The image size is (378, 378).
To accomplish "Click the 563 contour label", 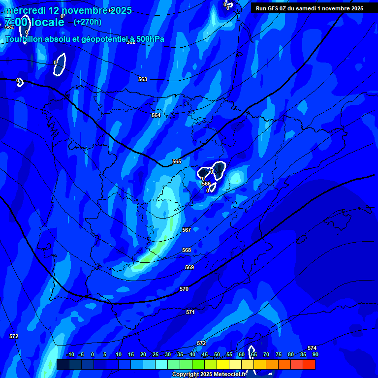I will (143, 79).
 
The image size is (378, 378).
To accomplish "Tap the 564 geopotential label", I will (156, 115).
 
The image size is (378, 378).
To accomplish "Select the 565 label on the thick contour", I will (177, 161).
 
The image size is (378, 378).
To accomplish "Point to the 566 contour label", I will (206, 184).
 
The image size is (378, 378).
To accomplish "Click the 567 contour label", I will (187, 230).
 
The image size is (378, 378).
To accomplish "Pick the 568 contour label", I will (187, 250).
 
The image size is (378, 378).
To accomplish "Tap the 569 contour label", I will (189, 267).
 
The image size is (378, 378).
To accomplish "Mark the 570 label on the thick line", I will (184, 289).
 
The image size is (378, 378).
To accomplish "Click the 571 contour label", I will (190, 312).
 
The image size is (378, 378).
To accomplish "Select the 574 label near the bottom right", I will (312, 348).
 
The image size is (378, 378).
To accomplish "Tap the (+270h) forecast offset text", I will (88, 22).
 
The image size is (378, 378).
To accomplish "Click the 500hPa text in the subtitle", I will (150, 39).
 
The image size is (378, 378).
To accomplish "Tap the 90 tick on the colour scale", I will (315, 354).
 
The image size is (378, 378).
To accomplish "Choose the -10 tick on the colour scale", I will (70, 354).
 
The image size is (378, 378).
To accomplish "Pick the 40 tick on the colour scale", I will (192, 354).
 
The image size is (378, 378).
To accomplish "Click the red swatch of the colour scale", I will (309, 364).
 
